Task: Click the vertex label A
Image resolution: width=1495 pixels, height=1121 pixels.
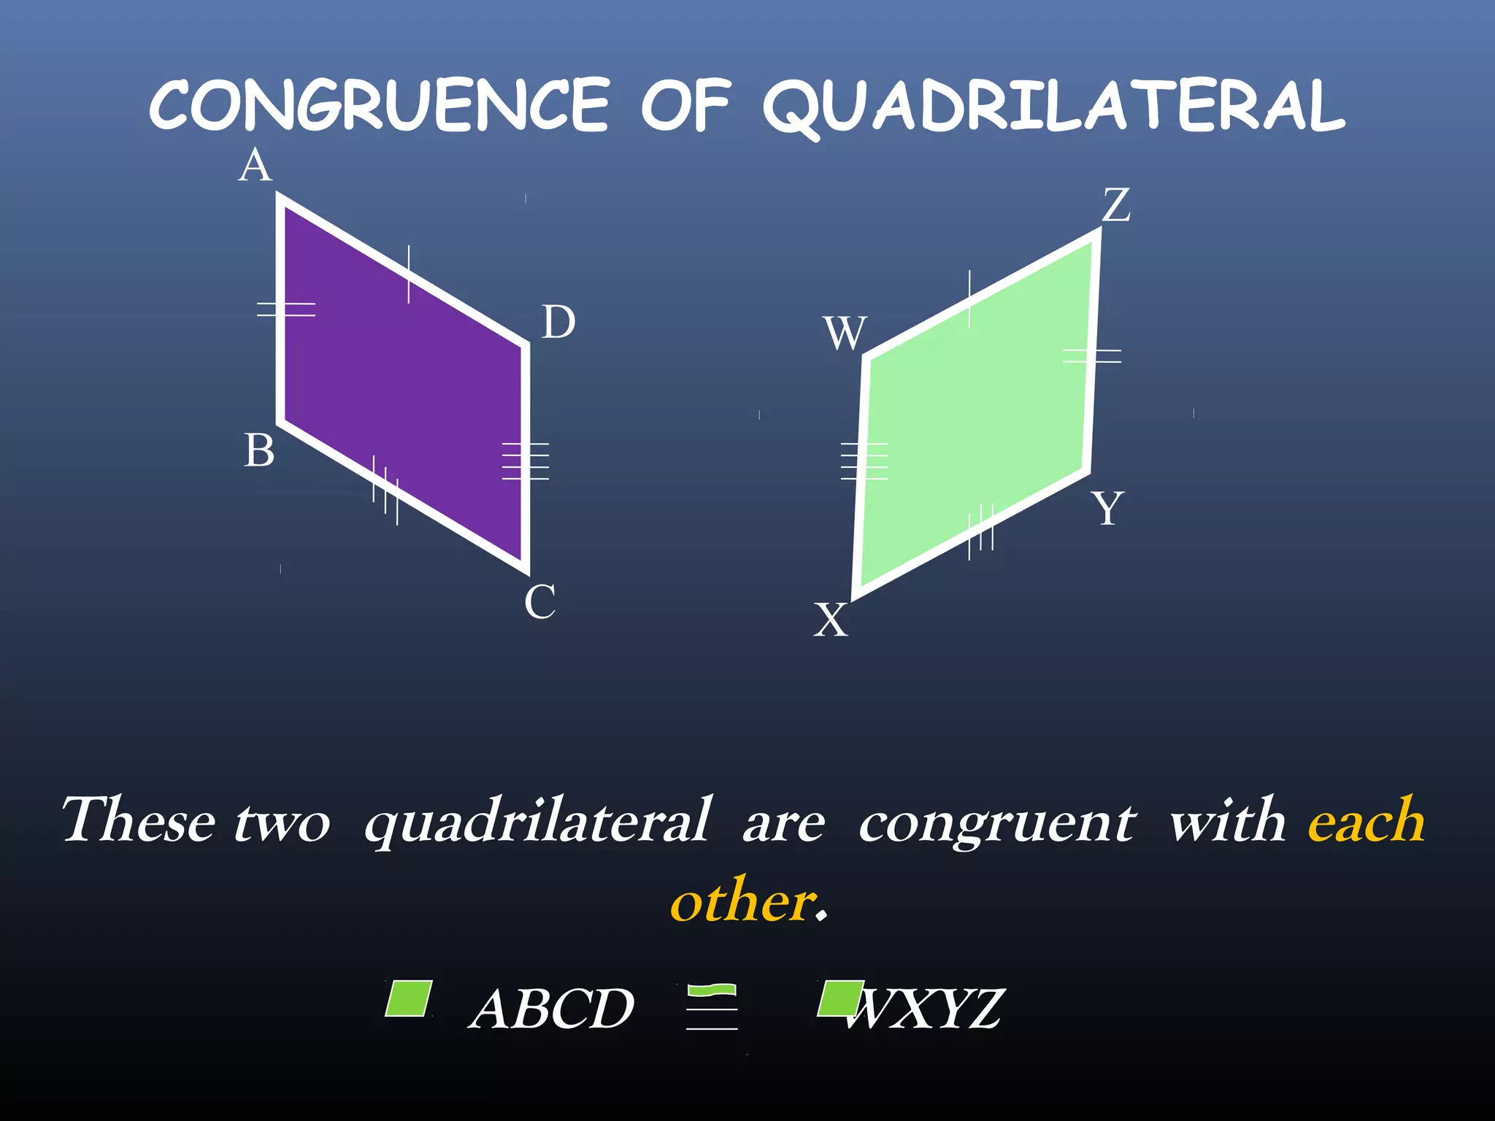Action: coord(255,166)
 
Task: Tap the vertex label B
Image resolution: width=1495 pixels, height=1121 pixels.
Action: coord(259,451)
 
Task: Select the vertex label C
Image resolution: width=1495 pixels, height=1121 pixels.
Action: coord(540,603)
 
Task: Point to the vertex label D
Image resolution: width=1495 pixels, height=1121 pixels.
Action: coord(558,323)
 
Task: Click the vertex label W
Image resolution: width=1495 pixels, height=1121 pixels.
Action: coord(845,334)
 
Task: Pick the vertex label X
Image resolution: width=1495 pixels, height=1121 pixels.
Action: coord(831,621)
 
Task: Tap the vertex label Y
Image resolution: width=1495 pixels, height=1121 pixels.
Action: coord(1107,509)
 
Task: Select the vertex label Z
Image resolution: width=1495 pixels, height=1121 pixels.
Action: coord(1116,205)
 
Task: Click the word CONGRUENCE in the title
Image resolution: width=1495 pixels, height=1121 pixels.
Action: coord(380,106)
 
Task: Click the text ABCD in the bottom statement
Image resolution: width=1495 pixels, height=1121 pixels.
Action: coord(552,1009)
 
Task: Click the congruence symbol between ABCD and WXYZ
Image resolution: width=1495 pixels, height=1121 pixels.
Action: coord(712,1007)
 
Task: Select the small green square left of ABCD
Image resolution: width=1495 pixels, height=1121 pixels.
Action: coord(409,998)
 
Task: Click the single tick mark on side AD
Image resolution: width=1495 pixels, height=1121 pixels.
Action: coord(409,274)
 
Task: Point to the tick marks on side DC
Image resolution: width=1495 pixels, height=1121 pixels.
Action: coord(526,461)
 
